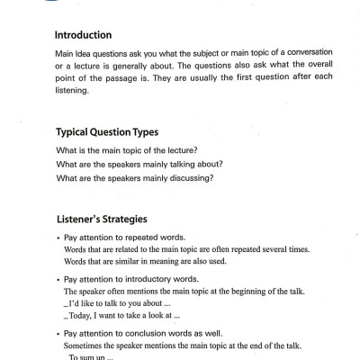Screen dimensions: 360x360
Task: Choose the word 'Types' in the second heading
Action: (x=160, y=130)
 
